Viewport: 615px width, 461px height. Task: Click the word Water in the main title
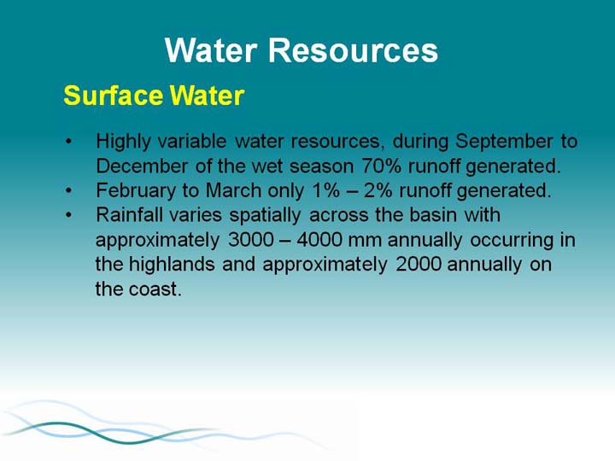[211, 50]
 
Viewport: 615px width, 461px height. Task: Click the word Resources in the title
[353, 50]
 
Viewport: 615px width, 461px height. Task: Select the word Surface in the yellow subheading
[114, 96]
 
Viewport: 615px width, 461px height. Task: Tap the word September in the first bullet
[505, 142]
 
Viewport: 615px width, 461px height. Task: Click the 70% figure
[381, 166]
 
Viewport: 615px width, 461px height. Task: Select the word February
[136, 191]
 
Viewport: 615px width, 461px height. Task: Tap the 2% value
[378, 190]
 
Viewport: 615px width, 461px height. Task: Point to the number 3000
[251, 240]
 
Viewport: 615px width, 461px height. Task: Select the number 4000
[319, 240]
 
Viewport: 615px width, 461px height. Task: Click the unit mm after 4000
[365, 241]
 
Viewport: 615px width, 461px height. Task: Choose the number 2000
[419, 264]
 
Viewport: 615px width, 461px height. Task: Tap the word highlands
[172, 264]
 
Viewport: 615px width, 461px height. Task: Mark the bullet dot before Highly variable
[69, 142]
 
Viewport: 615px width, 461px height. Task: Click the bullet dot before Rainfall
[69, 215]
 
